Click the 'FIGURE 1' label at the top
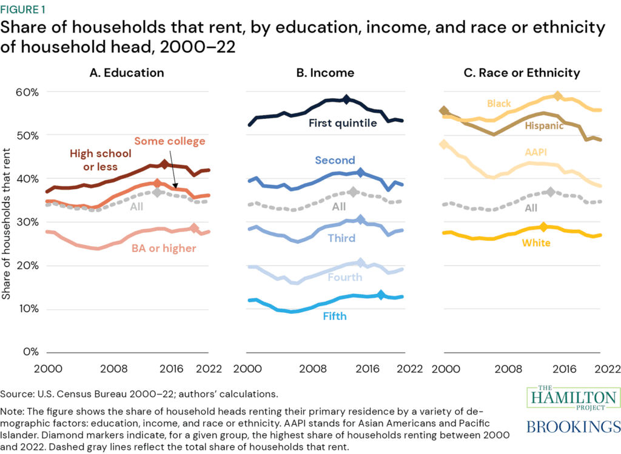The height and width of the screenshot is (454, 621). (27, 8)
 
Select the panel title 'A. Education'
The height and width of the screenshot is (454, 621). (126, 73)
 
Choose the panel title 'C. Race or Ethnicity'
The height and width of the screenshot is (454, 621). (521, 73)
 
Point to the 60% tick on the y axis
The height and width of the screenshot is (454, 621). (26, 92)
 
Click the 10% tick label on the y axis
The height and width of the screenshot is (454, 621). (26, 309)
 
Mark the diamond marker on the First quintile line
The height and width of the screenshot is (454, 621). (346, 99)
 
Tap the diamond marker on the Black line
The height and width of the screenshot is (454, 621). (558, 96)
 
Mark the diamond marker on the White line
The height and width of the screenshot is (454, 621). (544, 227)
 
